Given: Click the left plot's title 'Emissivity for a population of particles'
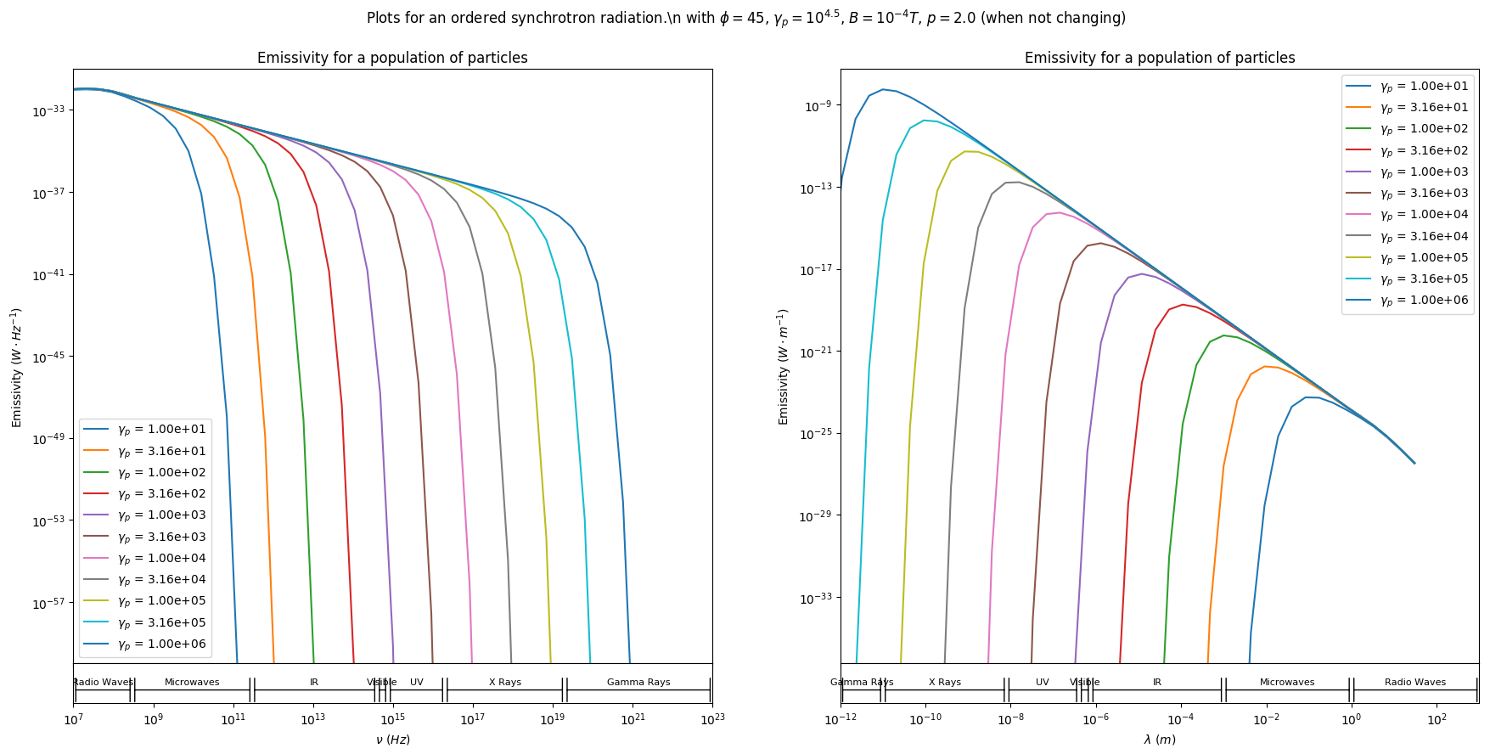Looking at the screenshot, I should click(x=392, y=58).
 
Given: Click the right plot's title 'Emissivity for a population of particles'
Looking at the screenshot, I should click(x=1160, y=58).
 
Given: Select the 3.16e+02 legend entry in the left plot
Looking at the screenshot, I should click(x=161, y=494).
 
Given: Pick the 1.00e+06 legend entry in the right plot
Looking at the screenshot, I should click(x=1424, y=301).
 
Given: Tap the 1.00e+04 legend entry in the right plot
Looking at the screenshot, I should click(x=1424, y=215).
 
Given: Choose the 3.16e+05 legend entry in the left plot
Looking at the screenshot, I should click(x=161, y=622).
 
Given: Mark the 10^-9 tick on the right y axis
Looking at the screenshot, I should click(x=818, y=106).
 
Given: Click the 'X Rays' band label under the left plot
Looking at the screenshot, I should click(x=505, y=682).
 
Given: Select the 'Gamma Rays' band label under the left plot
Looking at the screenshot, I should click(x=638, y=682).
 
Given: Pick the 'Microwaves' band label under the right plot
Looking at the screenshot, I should click(x=1287, y=682).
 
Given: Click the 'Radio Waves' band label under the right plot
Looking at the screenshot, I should click(x=1415, y=682).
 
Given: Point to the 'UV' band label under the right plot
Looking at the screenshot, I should click(x=1043, y=682).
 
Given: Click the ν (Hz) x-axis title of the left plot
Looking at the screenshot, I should click(x=393, y=740).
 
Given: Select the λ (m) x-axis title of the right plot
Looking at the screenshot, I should click(x=1160, y=740).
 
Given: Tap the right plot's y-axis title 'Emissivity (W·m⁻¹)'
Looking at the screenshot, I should click(x=784, y=367).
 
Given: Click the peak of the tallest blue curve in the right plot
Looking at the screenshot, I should click(x=883, y=89).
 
